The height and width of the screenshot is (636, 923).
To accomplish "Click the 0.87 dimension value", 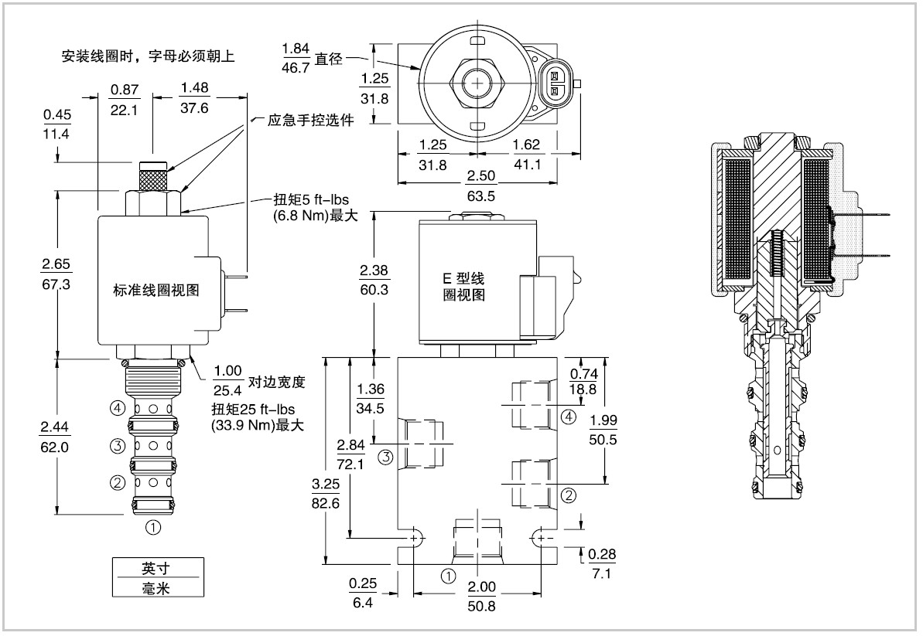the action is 125,90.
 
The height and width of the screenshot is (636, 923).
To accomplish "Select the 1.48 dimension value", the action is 194,87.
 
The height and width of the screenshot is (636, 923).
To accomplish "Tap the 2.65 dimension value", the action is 56,264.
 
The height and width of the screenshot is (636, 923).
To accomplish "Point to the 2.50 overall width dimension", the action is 481,175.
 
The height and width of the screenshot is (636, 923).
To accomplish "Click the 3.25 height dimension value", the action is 326,484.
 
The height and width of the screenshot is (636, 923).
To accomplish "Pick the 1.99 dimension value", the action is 603,420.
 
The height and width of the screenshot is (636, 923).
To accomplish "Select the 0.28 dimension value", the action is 602,554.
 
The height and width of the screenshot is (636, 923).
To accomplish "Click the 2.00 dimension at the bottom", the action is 481,587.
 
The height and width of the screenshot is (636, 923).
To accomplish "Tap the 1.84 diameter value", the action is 296,48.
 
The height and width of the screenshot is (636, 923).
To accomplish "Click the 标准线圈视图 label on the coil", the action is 156,290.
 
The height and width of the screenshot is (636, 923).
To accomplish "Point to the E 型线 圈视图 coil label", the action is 464,286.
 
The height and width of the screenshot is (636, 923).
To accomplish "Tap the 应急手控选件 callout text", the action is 311,121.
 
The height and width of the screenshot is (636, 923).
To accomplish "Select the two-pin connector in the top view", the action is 554,83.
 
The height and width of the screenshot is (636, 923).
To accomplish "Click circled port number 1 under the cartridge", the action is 153,527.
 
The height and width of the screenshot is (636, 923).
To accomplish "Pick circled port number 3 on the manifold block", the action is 385,457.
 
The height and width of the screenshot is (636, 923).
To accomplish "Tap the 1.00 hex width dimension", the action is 227,371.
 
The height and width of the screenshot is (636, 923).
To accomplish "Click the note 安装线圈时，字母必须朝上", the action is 149,56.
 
